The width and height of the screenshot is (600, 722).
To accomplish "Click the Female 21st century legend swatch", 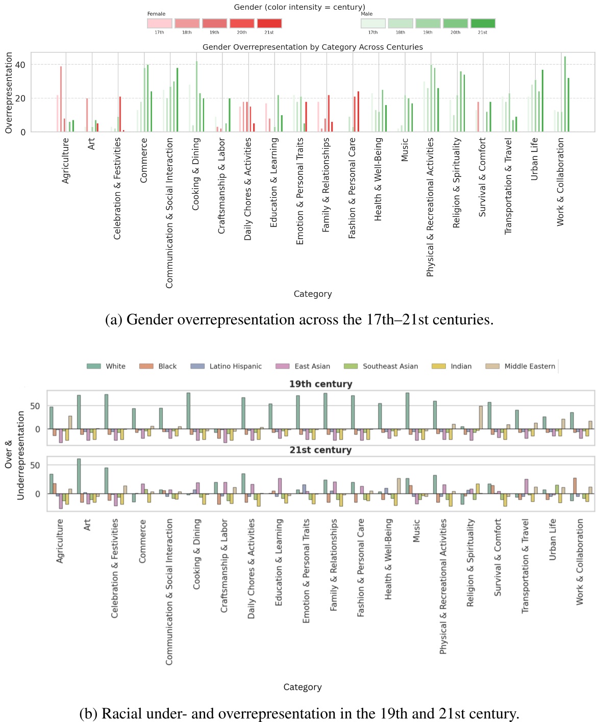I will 269,23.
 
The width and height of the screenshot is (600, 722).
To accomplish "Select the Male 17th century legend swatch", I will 373,23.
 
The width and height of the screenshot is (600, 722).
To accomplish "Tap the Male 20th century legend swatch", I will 455,23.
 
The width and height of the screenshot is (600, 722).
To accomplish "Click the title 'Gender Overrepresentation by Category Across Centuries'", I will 312,47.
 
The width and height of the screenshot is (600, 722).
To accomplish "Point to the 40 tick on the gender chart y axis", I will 20,65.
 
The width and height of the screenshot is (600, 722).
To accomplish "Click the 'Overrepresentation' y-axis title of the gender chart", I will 9,93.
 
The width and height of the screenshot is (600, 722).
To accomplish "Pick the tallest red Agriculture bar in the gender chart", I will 61,99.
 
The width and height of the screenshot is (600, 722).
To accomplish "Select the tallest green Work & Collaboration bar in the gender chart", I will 565,94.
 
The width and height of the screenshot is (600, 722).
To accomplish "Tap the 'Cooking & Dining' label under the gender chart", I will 196,174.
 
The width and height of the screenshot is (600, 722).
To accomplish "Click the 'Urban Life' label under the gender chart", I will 534,159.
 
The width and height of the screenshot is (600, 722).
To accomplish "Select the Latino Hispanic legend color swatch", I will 197,366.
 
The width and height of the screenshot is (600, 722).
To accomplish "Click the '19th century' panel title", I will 320,384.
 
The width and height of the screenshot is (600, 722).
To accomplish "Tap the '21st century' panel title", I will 320,450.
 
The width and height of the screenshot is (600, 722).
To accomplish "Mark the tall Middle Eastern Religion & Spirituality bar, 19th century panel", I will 481,418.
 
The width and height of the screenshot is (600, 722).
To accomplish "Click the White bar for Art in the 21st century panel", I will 79,476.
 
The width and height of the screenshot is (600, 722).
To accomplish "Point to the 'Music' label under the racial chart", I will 416,531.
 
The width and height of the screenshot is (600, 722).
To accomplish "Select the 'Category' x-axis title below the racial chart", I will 303,687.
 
